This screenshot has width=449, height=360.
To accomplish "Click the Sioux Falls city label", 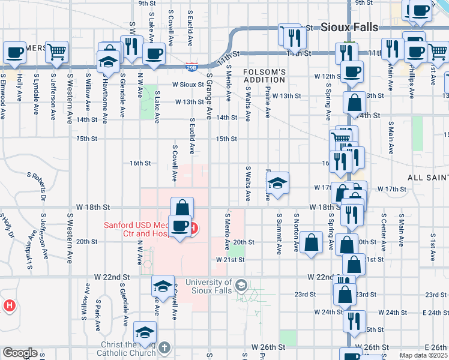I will point(349,28).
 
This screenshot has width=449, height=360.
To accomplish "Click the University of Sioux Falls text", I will point(208,287).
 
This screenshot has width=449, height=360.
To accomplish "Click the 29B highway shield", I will point(191,67).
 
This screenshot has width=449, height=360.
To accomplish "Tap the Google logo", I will point(19,353).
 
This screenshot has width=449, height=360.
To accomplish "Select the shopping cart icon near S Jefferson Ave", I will point(57,53).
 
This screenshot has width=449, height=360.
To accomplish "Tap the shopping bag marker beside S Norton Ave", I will point(311,243).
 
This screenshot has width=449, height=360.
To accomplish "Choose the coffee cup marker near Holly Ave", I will point(14,52).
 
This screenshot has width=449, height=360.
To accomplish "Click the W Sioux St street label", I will point(188,85).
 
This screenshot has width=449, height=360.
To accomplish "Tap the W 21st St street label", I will point(231,260).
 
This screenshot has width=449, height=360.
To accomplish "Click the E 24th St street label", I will point(435,313).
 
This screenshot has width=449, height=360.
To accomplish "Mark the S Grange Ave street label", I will point(209,96).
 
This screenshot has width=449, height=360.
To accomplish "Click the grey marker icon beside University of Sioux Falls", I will point(241,284).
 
